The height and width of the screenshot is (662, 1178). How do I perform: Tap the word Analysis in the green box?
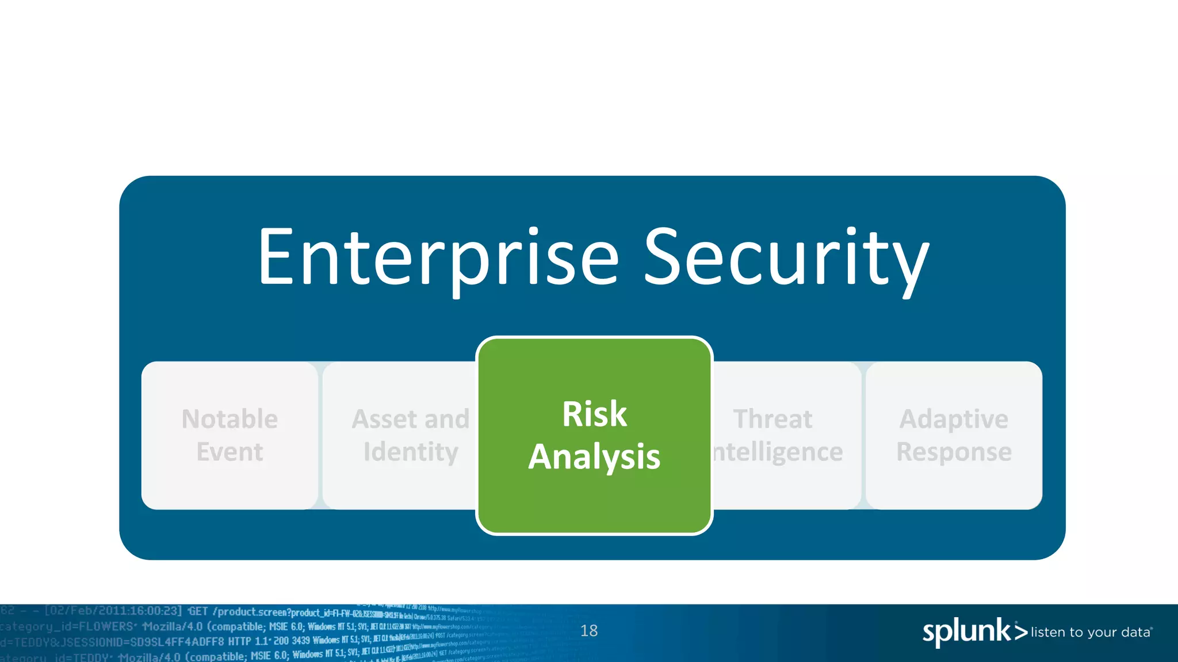(594, 457)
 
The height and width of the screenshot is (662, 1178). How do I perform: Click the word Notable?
(230, 419)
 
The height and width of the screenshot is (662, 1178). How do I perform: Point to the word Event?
(230, 452)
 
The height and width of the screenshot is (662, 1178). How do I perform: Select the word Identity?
(411, 452)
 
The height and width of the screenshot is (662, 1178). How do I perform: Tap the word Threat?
(772, 419)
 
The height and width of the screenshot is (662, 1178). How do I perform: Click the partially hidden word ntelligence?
(778, 452)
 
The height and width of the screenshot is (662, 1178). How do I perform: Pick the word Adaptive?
(954, 419)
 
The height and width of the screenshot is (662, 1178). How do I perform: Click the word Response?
(954, 452)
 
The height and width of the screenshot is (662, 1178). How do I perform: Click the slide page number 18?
(588, 631)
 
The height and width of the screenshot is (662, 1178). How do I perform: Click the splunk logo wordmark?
(966, 632)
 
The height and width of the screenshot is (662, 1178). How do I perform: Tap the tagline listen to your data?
(1091, 633)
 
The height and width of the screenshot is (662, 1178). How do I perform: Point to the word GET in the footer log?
(198, 611)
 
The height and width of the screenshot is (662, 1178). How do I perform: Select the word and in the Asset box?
(447, 419)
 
